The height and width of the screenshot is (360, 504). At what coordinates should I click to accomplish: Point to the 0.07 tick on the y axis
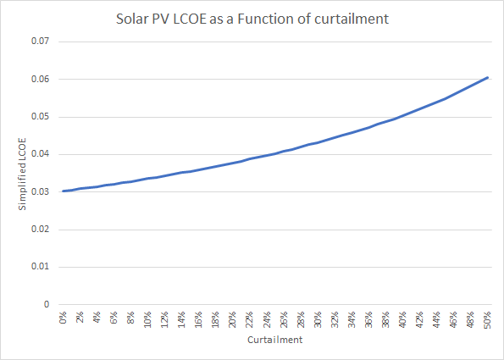click(41, 42)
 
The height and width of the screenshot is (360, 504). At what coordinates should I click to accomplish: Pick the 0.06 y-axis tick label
click(41, 79)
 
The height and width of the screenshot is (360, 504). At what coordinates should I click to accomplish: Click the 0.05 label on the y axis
click(41, 117)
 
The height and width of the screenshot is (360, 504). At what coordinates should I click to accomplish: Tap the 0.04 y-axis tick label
click(41, 154)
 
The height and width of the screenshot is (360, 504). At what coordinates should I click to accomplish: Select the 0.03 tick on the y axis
click(41, 191)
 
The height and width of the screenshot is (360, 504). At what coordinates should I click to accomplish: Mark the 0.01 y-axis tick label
click(41, 267)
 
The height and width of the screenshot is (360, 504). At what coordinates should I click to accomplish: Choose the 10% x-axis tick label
click(148, 320)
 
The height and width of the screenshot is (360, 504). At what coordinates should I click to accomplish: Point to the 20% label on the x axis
click(233, 320)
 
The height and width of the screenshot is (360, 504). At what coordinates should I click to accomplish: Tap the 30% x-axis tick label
click(318, 320)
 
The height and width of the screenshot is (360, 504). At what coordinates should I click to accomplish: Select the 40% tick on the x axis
click(402, 320)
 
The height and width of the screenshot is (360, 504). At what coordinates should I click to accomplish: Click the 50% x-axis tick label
click(487, 320)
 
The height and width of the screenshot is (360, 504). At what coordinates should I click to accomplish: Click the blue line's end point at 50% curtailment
click(487, 77)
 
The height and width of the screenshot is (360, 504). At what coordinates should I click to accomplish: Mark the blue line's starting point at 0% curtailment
click(64, 191)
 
